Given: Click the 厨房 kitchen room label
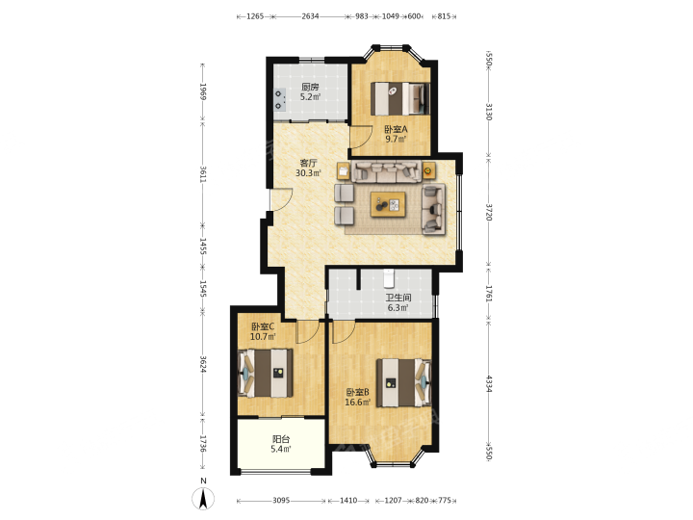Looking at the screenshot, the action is [310, 87].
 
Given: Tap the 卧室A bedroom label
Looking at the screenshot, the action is [396, 130].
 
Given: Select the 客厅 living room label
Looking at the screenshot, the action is [309, 163].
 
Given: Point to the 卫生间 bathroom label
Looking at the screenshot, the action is [398, 298].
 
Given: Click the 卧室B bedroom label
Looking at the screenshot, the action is [357, 392].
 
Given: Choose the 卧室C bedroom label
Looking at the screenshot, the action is [263, 326].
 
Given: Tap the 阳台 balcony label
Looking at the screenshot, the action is [281, 439].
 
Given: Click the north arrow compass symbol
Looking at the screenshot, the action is [203, 499].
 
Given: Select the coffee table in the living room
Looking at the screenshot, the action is [388, 204].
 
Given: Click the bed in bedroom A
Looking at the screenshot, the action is [400, 98].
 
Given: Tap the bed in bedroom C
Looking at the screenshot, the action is [266, 374].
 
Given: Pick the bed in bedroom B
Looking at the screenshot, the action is [403, 382].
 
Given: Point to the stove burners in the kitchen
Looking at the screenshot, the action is [279, 99].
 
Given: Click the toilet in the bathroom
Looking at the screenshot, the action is [389, 278].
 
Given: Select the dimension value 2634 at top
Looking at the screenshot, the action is [310, 16].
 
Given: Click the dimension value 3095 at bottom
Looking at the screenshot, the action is [281, 501].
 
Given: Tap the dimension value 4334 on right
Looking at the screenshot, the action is [489, 384].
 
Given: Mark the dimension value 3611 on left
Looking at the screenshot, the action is [203, 174].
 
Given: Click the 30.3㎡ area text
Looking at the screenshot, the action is [309, 173].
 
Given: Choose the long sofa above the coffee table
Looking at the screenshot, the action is [386, 172].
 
